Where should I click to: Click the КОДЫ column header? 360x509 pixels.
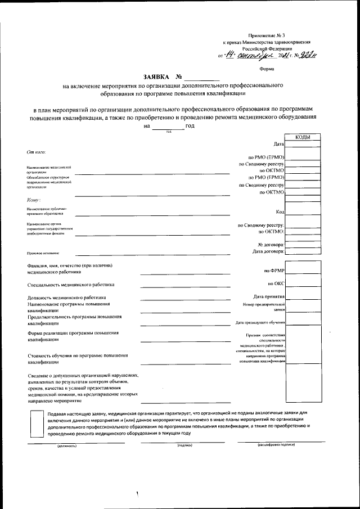[x=302, y=137]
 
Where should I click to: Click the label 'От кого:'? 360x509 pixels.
[x=36, y=152]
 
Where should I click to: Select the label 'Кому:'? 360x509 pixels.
[x=34, y=200]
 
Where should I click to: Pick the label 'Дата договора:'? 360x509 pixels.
[x=268, y=251]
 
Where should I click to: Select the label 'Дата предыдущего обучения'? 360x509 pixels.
[x=260, y=323]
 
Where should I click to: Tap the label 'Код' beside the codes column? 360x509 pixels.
[x=280, y=211]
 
